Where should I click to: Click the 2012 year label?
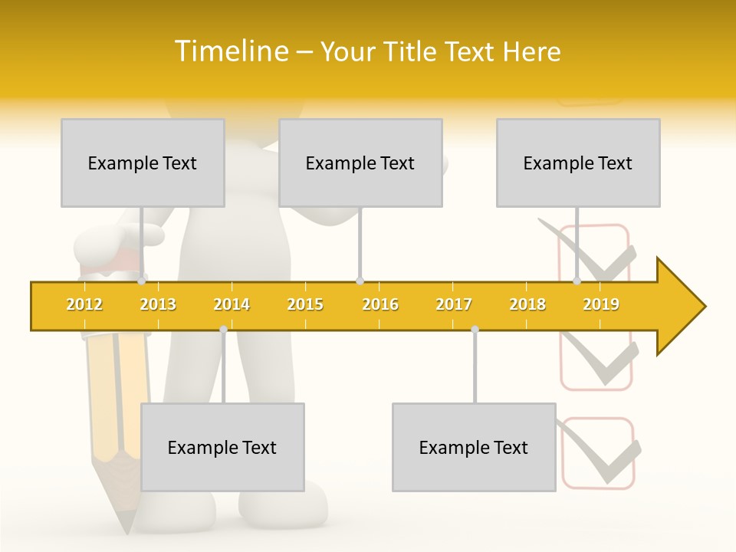pos(84,304)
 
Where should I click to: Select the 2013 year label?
pos(158,304)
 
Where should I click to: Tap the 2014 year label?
pos(232,304)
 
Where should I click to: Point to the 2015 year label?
pos(305,304)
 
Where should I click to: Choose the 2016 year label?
pos(380,304)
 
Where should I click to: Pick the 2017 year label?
pos(454,304)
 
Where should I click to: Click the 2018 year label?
pos(527,304)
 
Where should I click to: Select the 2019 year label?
pos(601,304)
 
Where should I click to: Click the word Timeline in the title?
pos(230,51)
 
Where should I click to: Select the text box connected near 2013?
pos(143,163)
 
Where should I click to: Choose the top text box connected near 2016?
pos(360,163)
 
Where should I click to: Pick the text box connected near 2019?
pos(578,163)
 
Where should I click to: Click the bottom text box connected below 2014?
pos(222,447)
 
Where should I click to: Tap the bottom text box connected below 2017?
pos(474,447)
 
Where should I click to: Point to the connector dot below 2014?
pos(223,329)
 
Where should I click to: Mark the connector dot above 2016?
pos(360,281)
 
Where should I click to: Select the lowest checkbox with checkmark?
pos(599,453)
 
